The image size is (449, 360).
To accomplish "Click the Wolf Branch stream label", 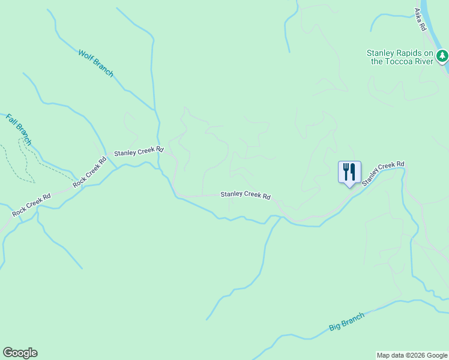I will (95, 62).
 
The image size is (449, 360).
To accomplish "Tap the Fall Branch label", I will (18, 128).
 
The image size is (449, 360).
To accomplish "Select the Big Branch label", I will (346, 322).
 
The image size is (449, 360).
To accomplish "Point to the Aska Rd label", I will (420, 19).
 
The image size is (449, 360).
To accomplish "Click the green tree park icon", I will (442, 56).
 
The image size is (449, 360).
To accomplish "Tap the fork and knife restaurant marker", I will (349, 173).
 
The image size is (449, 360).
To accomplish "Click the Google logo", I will (20, 353).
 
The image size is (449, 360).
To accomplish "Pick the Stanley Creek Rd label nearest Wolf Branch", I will (139, 152).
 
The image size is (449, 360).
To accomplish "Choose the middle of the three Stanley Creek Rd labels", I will (245, 195).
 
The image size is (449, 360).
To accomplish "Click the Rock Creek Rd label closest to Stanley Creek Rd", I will (89, 172).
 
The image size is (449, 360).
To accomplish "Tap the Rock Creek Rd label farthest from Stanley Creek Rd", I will (32, 205).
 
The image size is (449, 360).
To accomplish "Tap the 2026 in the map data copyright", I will (413, 355).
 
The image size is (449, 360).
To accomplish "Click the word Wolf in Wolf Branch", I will (86, 56).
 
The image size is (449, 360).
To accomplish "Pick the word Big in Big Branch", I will (334, 328).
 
